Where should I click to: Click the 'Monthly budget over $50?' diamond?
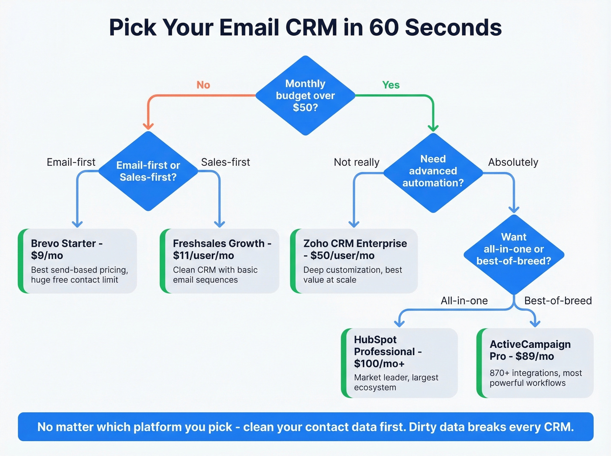pos(305,96)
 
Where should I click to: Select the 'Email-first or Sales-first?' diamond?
pos(148,171)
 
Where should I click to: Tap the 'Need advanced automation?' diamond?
pos(433,171)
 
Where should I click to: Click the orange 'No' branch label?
pos(203,85)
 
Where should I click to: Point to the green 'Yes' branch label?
pos(391,85)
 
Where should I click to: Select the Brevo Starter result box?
pos(78,261)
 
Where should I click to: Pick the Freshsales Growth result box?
pos(220,261)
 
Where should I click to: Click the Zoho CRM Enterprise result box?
pos(354,261)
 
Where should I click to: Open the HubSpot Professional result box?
pos(399,363)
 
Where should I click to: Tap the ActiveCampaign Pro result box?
pos(535,363)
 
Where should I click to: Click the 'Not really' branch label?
pos(357,162)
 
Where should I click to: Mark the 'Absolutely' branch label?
pos(513,162)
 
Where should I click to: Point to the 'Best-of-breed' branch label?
pos(558,301)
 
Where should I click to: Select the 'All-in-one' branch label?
pos(464,301)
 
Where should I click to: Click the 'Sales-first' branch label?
pos(225,162)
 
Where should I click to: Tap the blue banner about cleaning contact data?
pos(305,427)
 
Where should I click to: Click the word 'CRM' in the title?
pos(311,27)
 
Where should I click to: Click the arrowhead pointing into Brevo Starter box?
pos(77,224)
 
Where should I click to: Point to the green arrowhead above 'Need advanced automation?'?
pos(433,128)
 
